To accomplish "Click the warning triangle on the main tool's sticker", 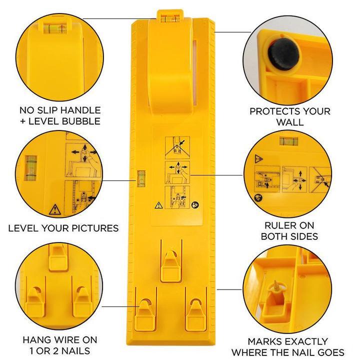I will [158, 204].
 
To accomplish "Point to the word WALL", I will [290, 122].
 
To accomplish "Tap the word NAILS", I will [76, 351].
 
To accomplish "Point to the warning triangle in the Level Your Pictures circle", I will [53, 208].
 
